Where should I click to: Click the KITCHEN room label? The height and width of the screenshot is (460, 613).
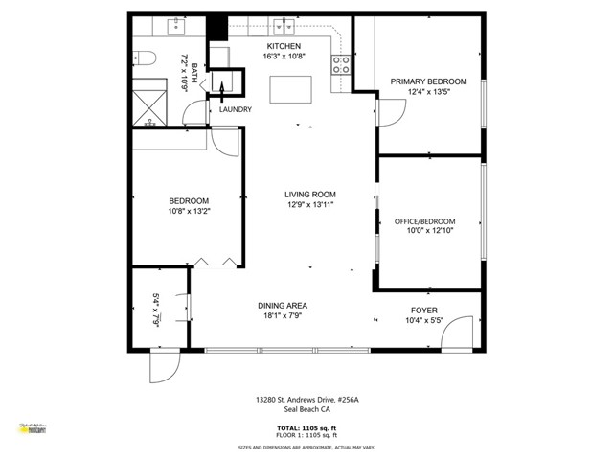click(x=284, y=46)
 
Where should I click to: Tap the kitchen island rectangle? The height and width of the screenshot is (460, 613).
click(x=289, y=88)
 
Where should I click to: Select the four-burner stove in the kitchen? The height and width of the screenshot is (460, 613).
click(x=340, y=64)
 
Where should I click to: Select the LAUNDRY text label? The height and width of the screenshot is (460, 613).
click(x=235, y=109)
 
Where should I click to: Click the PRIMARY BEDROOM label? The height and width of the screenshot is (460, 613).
click(x=428, y=81)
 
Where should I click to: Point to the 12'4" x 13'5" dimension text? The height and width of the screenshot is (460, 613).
click(x=428, y=93)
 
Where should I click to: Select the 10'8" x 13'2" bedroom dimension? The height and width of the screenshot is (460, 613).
click(x=189, y=211)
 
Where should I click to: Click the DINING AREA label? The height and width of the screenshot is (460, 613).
click(x=283, y=306)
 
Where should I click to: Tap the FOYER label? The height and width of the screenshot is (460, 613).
click(x=424, y=310)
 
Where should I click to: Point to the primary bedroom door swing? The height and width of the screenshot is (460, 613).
click(x=391, y=114)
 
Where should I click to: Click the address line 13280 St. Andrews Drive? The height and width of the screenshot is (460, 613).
click(x=306, y=398)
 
